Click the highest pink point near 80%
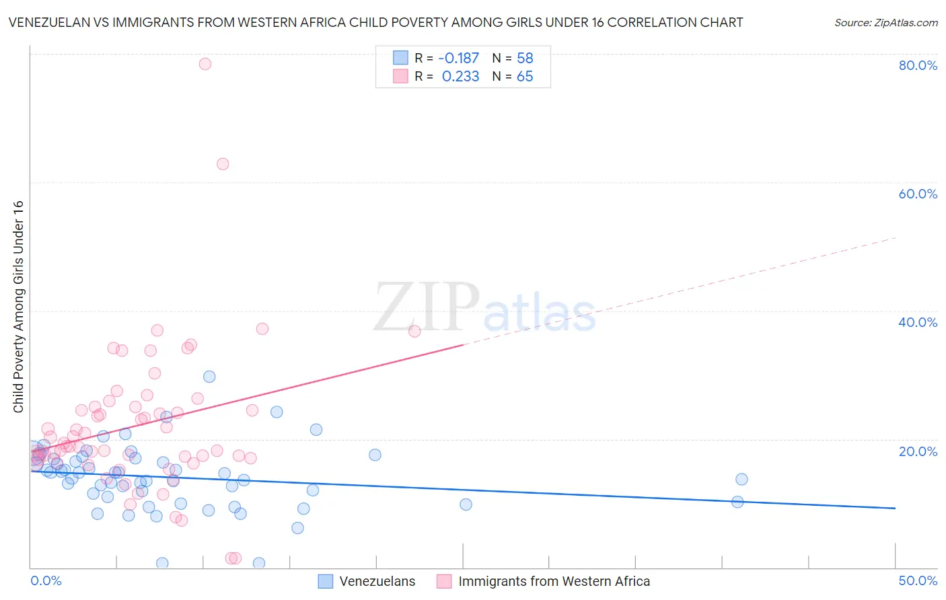coord(205,64)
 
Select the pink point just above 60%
coord(223,164)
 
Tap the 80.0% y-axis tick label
coord(918,65)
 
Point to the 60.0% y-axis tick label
coord(918,194)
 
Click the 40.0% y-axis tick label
coord(918,322)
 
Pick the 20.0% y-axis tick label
coord(918,451)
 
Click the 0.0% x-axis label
coord(46,580)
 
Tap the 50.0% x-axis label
coord(918,580)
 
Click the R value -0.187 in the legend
coord(458,58)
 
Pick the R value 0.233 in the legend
coord(460,77)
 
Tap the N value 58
coord(525,58)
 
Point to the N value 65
coord(525,77)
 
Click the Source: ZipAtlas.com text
coord(885,23)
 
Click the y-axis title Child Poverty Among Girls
coord(19,307)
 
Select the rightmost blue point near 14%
coord(741,479)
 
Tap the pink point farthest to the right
coord(414,331)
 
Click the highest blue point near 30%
coord(209,377)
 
